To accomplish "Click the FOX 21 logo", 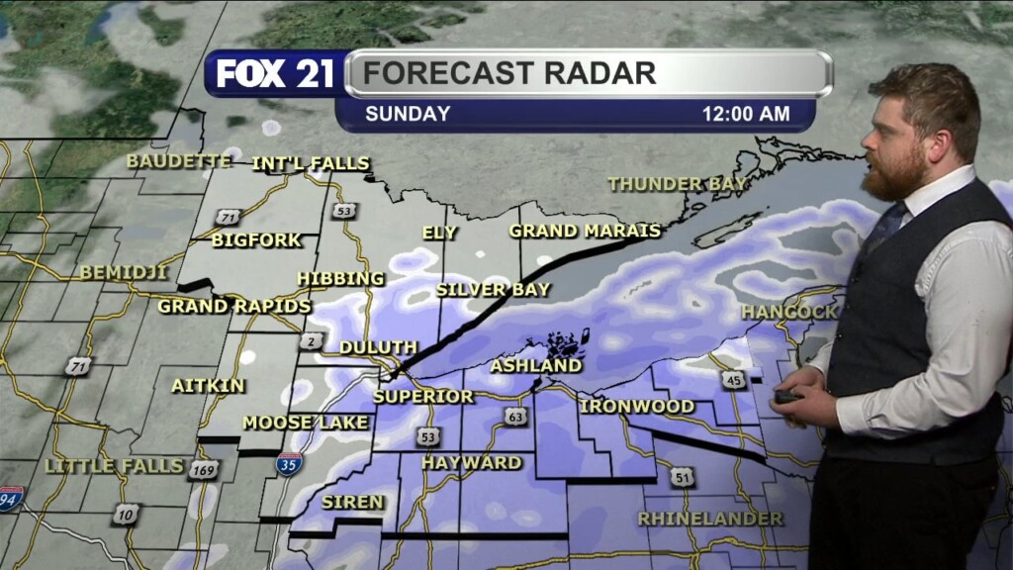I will (x=274, y=74).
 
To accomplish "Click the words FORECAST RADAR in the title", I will (x=509, y=73).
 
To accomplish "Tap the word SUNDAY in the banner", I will (x=408, y=114).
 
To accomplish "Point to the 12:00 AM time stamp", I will (x=746, y=114).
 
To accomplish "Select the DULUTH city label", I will (x=379, y=347).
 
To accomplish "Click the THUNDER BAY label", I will (x=678, y=184).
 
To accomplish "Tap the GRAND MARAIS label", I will (x=585, y=231).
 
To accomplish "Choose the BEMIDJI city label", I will (x=125, y=272).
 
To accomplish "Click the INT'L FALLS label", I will (x=311, y=163).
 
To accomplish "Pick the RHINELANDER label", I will (x=710, y=519).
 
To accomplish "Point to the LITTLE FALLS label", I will (x=115, y=465).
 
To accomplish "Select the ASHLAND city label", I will (x=536, y=366).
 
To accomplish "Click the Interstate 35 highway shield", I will (x=289, y=463).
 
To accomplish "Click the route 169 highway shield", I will (x=201, y=470).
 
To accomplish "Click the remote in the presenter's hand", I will (x=787, y=397).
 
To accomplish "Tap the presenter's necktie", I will (x=883, y=229).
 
